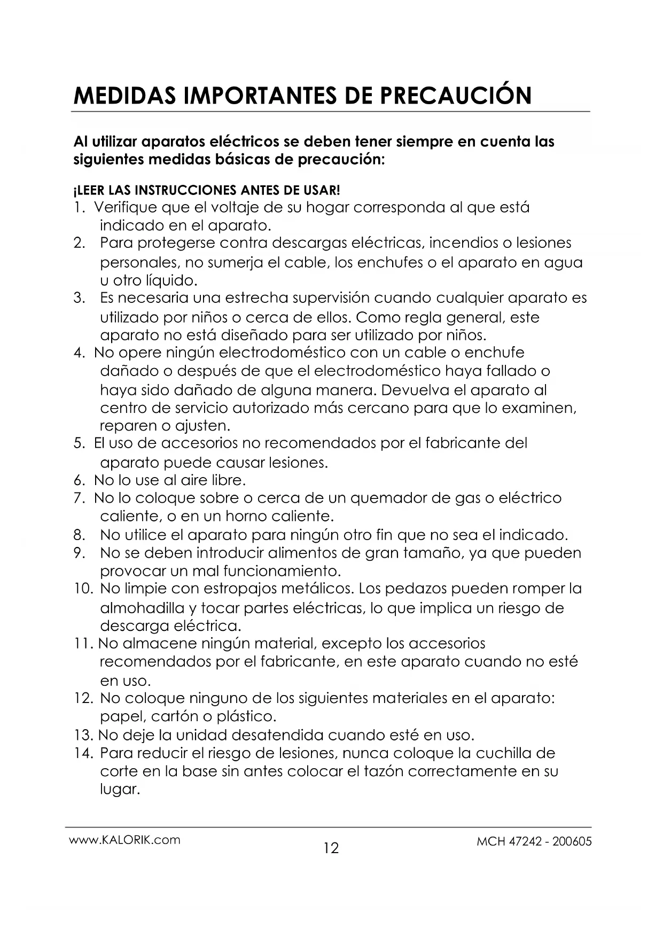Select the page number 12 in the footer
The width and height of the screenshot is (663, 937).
click(x=331, y=848)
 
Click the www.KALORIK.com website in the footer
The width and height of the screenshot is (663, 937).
click(x=125, y=839)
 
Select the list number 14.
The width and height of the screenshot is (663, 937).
click(x=84, y=754)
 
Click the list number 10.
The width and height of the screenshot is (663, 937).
click(x=84, y=589)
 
